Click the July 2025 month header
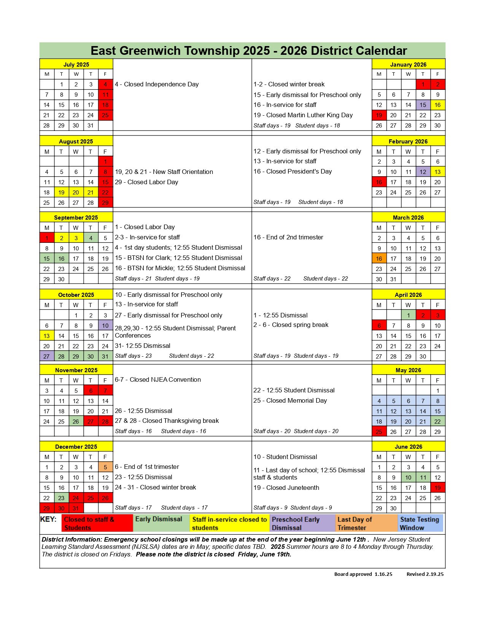click(76, 64)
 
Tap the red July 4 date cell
click(105, 84)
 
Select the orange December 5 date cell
click(105, 467)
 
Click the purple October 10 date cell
click(105, 325)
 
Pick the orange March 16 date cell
click(379, 258)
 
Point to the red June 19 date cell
click(437, 488)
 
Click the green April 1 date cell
click(408, 315)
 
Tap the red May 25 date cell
click(379, 432)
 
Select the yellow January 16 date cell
click(437, 105)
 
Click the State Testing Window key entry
click(420, 523)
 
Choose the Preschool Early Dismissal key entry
click(302, 523)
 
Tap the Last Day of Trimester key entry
click(366, 523)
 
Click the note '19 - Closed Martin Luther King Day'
click(303, 115)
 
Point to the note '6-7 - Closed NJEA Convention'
click(158, 379)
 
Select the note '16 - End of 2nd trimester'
click(288, 237)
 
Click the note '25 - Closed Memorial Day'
click(290, 400)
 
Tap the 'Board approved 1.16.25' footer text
click(363, 574)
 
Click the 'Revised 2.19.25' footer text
click(425, 574)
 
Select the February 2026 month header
click(408, 141)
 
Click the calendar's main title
click(249, 51)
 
